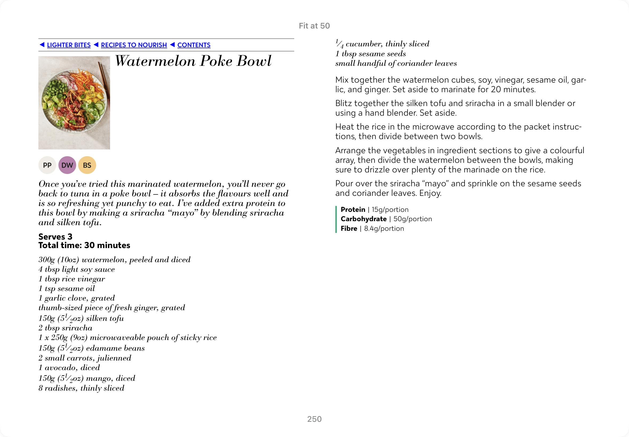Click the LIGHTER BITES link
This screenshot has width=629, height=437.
(68, 45)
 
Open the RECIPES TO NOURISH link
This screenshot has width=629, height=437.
(134, 45)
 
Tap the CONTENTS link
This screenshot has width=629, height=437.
(193, 45)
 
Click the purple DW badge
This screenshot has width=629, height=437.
(67, 165)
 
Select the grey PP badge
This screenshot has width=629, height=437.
(47, 165)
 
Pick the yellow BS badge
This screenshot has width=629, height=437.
(87, 165)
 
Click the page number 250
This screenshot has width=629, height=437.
(314, 419)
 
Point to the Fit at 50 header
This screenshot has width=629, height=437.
(314, 26)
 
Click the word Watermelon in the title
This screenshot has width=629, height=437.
(155, 61)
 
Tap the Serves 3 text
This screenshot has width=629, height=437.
(55, 237)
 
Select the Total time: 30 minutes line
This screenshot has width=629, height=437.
(84, 245)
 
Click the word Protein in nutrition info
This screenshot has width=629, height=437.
(353, 209)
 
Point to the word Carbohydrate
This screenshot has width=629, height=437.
(363, 219)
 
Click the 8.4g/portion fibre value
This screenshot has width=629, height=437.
(384, 228)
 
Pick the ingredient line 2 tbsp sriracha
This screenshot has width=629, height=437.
(66, 328)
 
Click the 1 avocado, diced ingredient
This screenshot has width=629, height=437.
(69, 367)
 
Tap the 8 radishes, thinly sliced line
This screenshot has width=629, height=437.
(81, 388)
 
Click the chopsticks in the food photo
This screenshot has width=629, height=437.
(104, 82)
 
